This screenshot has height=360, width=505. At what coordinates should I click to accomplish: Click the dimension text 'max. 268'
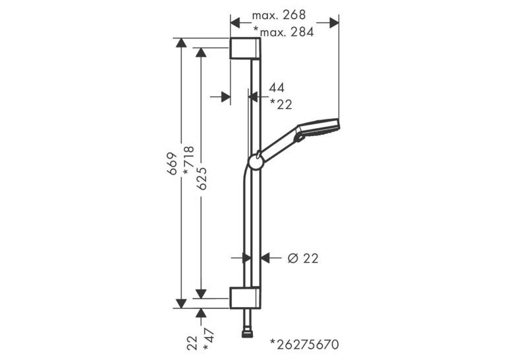(279, 15)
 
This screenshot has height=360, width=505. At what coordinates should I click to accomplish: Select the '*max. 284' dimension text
(283, 32)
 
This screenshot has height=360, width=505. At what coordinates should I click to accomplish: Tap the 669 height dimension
(172, 163)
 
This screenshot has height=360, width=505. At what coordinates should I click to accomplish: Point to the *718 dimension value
(188, 161)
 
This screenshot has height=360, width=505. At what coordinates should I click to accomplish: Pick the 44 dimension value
(277, 88)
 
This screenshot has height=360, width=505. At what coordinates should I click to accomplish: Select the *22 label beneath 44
(281, 104)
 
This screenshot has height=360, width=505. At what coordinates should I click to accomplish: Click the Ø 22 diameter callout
(303, 258)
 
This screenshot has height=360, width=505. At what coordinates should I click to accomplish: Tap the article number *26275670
(304, 344)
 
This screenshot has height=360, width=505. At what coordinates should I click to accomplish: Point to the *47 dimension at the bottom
(209, 339)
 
